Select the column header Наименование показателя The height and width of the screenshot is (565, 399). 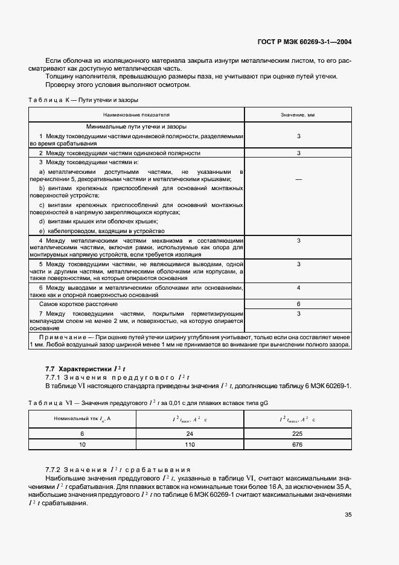(136, 113)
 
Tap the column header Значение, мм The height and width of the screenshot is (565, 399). (298, 113)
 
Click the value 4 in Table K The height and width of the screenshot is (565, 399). (298, 289)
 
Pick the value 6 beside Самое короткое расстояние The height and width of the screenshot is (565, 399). (298, 304)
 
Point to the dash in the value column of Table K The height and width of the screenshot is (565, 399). (298, 180)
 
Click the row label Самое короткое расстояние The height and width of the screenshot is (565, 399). (78, 304)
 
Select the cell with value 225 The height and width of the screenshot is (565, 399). (298, 433)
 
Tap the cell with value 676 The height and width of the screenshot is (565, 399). (298, 444)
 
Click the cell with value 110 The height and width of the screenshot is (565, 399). (190, 444)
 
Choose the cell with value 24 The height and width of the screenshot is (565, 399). (190, 433)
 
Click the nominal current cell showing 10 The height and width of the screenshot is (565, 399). (83, 444)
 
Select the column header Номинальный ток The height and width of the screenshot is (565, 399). (83, 418)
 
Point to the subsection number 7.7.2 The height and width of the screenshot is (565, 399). (55, 469)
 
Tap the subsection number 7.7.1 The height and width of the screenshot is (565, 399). (55, 377)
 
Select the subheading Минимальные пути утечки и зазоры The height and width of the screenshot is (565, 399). (136, 127)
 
